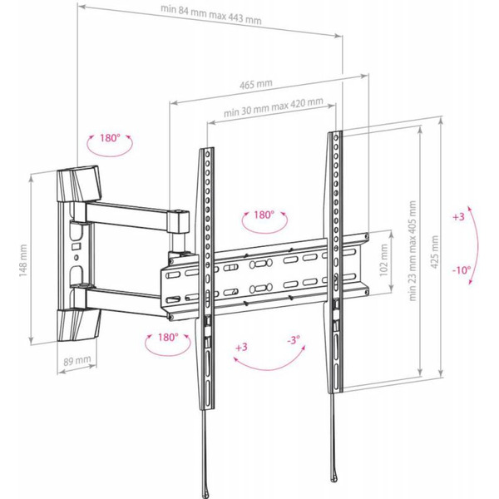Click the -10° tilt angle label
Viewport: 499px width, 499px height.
pos(462,269)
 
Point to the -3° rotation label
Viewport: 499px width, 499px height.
pos(293,341)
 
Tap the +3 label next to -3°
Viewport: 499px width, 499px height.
pos(241,346)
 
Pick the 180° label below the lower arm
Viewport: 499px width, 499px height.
pos(167,338)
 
